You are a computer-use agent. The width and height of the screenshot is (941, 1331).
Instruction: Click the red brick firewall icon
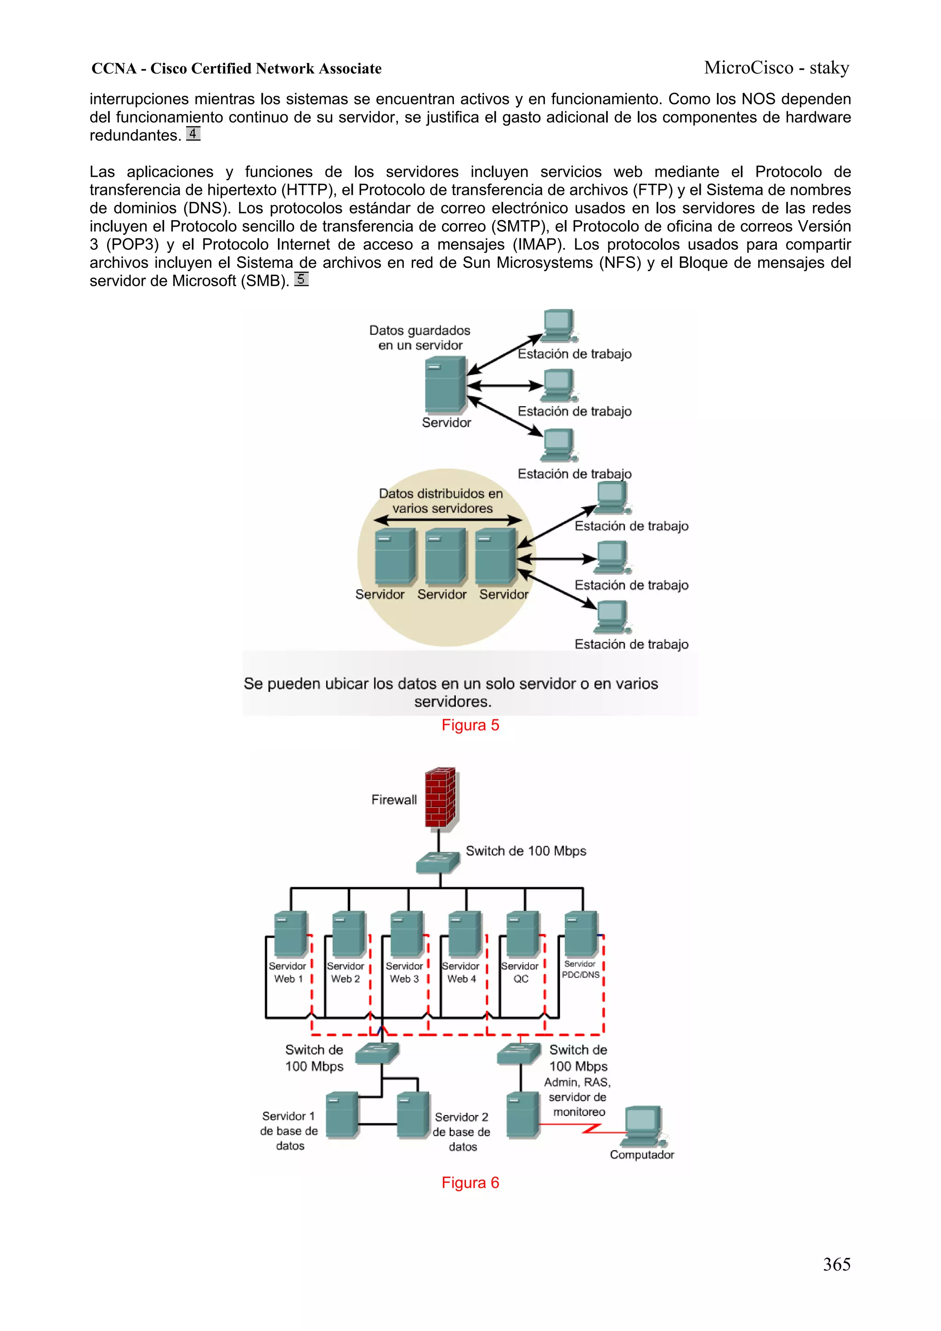(440, 798)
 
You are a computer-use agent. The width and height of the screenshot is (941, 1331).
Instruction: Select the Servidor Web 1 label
(288, 972)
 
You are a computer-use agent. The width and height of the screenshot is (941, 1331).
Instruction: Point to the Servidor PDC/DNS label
(580, 969)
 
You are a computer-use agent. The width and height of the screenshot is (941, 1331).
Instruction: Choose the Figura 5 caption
(470, 725)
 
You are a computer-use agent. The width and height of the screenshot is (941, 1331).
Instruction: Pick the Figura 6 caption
(470, 1183)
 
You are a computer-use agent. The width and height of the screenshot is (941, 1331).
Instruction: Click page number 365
(836, 1264)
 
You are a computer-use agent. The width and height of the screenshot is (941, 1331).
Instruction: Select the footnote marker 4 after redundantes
(193, 134)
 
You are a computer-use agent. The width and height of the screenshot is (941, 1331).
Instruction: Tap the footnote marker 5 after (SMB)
(301, 279)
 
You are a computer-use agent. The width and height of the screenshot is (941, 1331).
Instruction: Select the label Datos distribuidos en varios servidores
(441, 501)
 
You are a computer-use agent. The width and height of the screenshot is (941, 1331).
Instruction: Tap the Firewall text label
(394, 800)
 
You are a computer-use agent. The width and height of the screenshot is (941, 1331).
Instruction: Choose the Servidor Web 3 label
(404, 972)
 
